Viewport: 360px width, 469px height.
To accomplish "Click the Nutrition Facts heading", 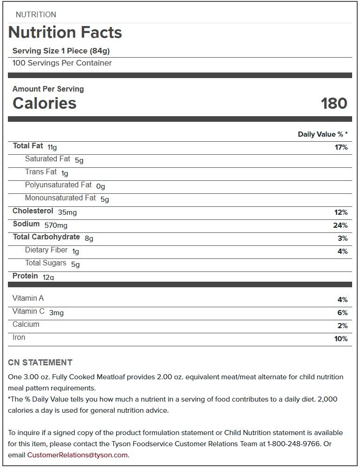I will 65,33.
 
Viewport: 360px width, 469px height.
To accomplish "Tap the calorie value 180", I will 334,103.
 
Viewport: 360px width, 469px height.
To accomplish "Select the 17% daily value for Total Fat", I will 341,147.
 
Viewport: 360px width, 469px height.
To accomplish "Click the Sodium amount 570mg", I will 56,225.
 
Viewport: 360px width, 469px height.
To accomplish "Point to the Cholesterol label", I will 33,211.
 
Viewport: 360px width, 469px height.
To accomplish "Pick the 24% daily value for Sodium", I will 341,225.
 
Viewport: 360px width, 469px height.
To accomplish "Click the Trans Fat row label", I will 41,172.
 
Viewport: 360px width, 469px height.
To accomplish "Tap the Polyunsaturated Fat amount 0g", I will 100,186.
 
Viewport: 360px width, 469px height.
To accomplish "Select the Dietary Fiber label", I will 46,250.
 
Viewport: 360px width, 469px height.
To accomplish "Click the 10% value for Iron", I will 341,339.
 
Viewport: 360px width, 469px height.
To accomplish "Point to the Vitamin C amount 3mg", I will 56,313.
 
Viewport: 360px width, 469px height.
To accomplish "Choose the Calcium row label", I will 26,324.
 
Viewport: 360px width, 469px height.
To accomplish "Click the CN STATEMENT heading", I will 40,363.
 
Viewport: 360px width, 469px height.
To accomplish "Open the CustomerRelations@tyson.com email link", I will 78,455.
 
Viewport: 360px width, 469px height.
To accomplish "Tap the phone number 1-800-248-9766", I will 294,444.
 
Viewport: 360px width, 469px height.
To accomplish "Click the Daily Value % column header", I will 322,134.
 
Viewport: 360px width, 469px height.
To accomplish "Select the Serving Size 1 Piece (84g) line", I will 61,51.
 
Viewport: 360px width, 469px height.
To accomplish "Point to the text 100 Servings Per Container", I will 62,63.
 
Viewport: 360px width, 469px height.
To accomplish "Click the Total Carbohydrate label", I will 46,237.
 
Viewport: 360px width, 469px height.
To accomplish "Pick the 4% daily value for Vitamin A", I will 342,300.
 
